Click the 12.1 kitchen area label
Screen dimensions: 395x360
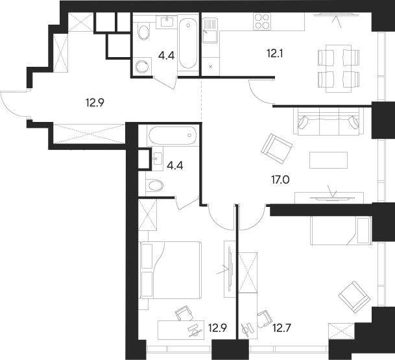pos(274,53)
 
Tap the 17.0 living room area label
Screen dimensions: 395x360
pos(280,180)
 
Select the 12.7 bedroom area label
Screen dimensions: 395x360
pos(282,328)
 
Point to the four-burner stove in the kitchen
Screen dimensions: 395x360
pos(261,21)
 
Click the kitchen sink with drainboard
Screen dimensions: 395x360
pos(209,30)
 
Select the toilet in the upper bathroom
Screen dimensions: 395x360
pos(143,31)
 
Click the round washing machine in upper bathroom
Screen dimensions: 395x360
pos(141,66)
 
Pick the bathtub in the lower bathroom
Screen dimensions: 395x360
pos(173,136)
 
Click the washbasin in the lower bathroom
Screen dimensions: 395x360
pos(158,158)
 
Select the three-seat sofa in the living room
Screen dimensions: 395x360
pos(329,121)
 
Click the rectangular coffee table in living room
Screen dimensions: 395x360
pos(328,160)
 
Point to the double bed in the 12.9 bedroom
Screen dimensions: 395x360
pos(171,270)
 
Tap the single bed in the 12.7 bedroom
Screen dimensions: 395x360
pos(341,230)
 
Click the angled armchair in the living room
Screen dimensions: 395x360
pos(277,149)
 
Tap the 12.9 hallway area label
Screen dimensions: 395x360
pos(95,102)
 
